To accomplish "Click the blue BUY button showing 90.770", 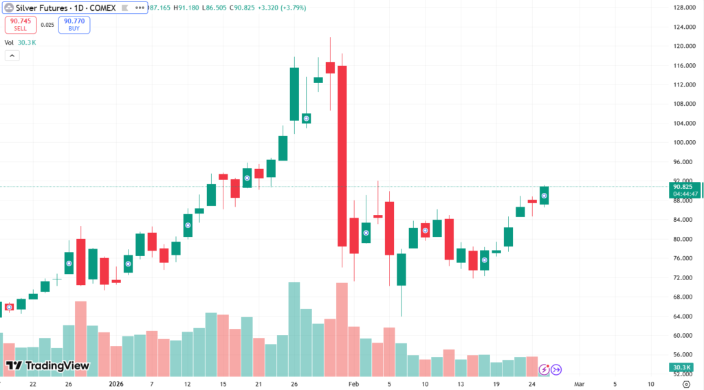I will [74, 25].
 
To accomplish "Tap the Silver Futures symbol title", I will [60, 7].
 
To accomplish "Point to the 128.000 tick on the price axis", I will [683, 8].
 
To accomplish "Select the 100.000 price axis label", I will [683, 143].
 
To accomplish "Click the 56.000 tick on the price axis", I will [683, 355].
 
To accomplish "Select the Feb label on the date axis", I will [353, 385].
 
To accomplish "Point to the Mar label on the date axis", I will [579, 385].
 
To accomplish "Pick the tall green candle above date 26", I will [294, 94].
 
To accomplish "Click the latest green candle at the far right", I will [544, 196].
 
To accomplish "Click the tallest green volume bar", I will [294, 329].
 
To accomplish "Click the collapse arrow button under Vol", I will [11, 56].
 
